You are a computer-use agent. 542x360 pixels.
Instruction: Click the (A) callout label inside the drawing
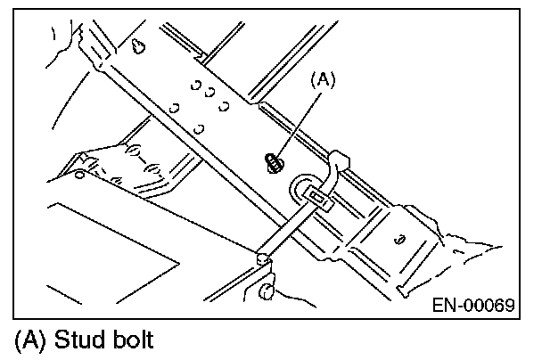tap(324, 80)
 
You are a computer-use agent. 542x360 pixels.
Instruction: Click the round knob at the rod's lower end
tap(262, 258)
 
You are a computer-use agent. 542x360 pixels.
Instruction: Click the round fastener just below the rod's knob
tap(267, 290)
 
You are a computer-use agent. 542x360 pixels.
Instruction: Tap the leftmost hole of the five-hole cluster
tap(176, 109)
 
